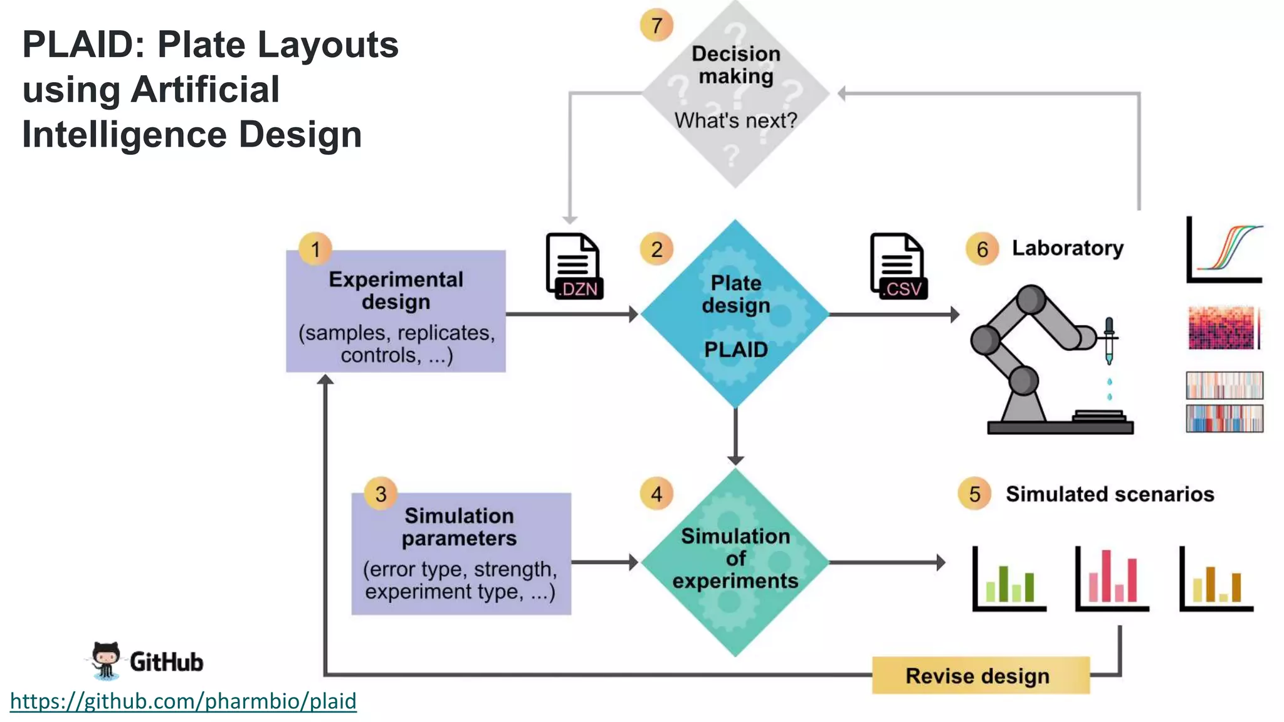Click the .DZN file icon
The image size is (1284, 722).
click(574, 266)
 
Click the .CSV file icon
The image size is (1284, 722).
click(898, 266)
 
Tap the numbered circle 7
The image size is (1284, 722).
click(656, 26)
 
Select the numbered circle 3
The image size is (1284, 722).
click(381, 494)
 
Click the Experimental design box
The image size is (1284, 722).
click(396, 311)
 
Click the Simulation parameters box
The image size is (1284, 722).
click(461, 554)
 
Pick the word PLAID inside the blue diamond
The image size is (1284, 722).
click(735, 350)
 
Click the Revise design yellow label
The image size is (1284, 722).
click(980, 676)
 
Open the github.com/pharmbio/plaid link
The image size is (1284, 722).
click(183, 701)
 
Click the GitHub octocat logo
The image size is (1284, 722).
click(105, 661)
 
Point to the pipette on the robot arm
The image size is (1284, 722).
click(1108, 342)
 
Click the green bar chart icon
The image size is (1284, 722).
click(1009, 579)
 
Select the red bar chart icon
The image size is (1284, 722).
click(1112, 579)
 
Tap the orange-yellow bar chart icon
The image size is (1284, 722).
click(1216, 579)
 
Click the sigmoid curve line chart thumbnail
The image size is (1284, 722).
click(1224, 249)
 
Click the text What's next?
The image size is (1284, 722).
click(735, 120)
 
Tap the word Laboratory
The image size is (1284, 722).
click(1067, 248)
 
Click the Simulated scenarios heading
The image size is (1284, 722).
click(1110, 494)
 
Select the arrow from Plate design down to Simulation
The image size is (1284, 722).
click(735, 436)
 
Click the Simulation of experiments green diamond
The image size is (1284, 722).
click(735, 562)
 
